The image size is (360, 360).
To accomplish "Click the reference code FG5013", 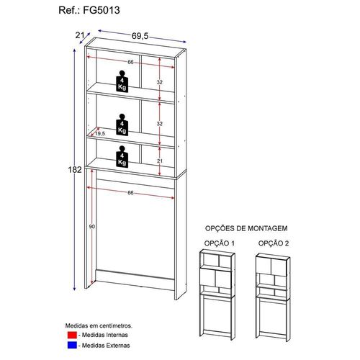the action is (x=101, y=10).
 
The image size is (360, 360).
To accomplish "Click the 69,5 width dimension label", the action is (x=140, y=36).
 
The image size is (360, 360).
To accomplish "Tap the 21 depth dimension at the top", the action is (x=79, y=35).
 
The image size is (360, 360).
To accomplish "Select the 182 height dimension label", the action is (x=75, y=170).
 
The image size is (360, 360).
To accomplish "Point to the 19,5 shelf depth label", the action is (x=100, y=133).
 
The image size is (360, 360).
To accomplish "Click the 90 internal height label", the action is (x=92, y=226).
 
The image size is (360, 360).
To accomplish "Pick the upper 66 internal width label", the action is (x=130, y=62).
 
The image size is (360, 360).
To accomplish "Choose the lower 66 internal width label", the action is (x=130, y=193).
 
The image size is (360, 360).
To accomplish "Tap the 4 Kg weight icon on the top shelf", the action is (x=122, y=81).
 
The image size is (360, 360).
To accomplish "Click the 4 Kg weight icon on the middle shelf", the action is (x=122, y=125).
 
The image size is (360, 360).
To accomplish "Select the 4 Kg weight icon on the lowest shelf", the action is (x=122, y=156).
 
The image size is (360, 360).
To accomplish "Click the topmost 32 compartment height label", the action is (x=160, y=82).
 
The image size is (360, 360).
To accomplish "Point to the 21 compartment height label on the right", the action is (x=160, y=161).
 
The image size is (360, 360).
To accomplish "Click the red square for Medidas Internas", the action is (x=72, y=335).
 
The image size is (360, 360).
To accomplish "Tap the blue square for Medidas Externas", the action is (x=72, y=345).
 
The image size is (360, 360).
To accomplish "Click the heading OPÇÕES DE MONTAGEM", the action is (x=246, y=228).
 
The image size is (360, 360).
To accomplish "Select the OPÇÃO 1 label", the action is (x=220, y=243).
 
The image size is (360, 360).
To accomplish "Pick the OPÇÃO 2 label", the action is (x=274, y=243).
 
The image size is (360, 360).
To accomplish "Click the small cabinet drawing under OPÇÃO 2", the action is (x=273, y=297).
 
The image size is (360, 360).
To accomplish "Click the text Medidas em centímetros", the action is (x=99, y=325).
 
